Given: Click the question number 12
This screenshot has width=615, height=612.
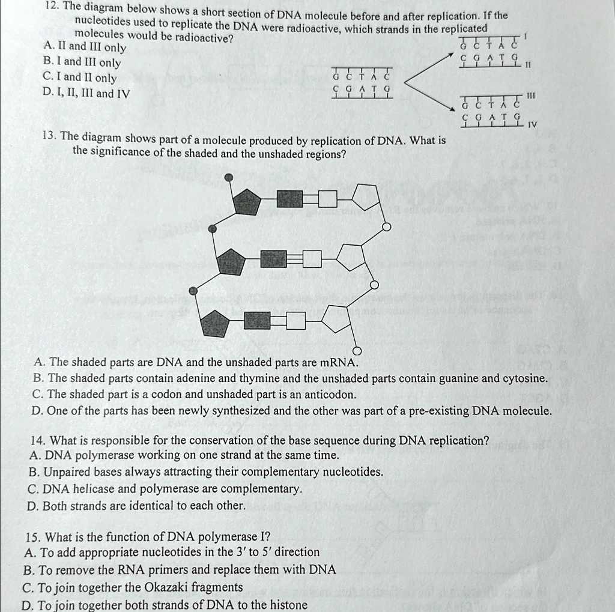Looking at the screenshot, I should [x=51, y=7].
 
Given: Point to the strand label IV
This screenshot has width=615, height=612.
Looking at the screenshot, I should [x=532, y=126].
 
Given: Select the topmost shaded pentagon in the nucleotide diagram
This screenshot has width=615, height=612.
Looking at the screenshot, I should [x=247, y=201].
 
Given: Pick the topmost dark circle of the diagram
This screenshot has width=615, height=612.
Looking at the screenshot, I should [x=229, y=177].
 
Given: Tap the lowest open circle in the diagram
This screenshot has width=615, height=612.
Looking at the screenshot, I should [x=357, y=351].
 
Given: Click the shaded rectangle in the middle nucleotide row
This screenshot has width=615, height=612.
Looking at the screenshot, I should [x=274, y=259].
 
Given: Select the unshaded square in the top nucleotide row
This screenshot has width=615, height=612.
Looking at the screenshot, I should [x=327, y=199].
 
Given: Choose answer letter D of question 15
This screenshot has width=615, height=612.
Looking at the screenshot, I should [x=26, y=605].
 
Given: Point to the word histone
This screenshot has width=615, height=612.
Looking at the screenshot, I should [x=287, y=605].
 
